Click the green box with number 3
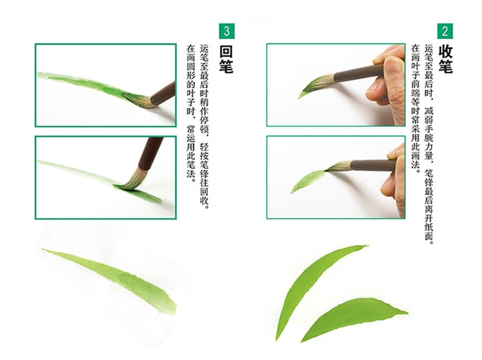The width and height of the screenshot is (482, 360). (x=227, y=31)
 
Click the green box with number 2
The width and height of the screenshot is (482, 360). (x=445, y=31)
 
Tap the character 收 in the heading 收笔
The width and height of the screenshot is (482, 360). (x=445, y=51)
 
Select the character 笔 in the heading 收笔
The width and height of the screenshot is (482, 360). (x=445, y=66)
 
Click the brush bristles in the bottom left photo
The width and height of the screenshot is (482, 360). (x=131, y=180)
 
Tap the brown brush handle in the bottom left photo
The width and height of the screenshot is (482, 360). (x=150, y=153)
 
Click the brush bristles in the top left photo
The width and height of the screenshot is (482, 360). (x=138, y=99)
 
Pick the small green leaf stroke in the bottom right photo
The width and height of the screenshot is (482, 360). (x=307, y=182)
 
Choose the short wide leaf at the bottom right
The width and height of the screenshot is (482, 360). (x=353, y=317)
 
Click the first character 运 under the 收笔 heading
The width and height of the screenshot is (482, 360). (x=429, y=49)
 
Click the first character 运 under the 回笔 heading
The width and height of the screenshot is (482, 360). (x=204, y=49)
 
